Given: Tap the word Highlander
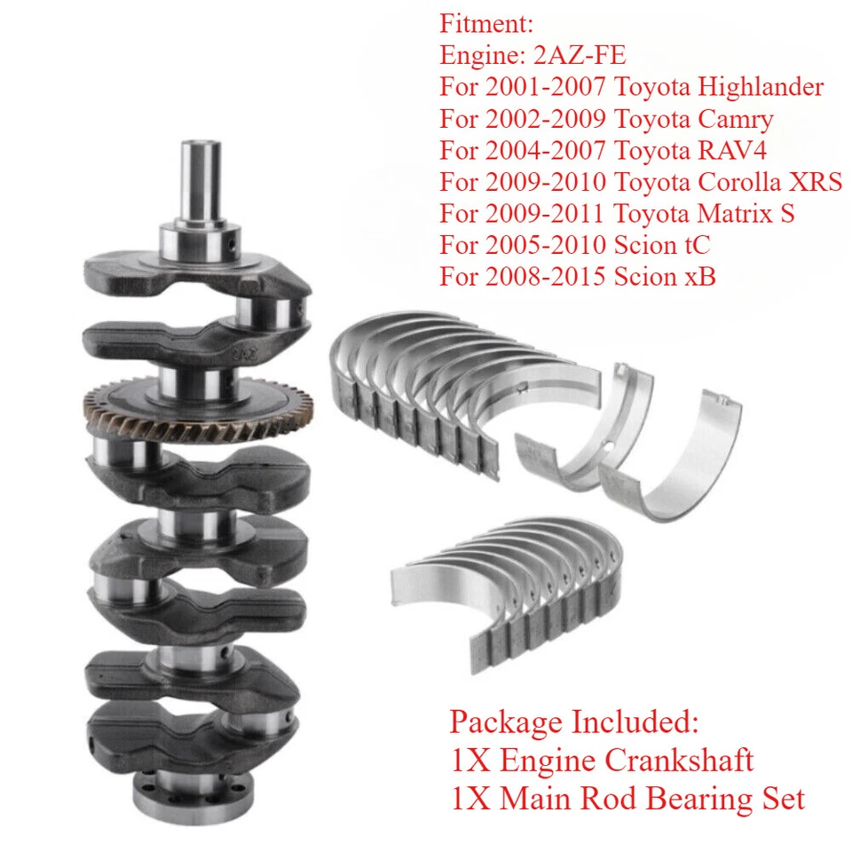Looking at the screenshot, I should (761, 86).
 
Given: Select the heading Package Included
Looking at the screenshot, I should (573, 721).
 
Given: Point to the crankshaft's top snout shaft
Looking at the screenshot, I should (201, 182).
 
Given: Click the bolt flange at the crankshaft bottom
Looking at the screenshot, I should (186, 794).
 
